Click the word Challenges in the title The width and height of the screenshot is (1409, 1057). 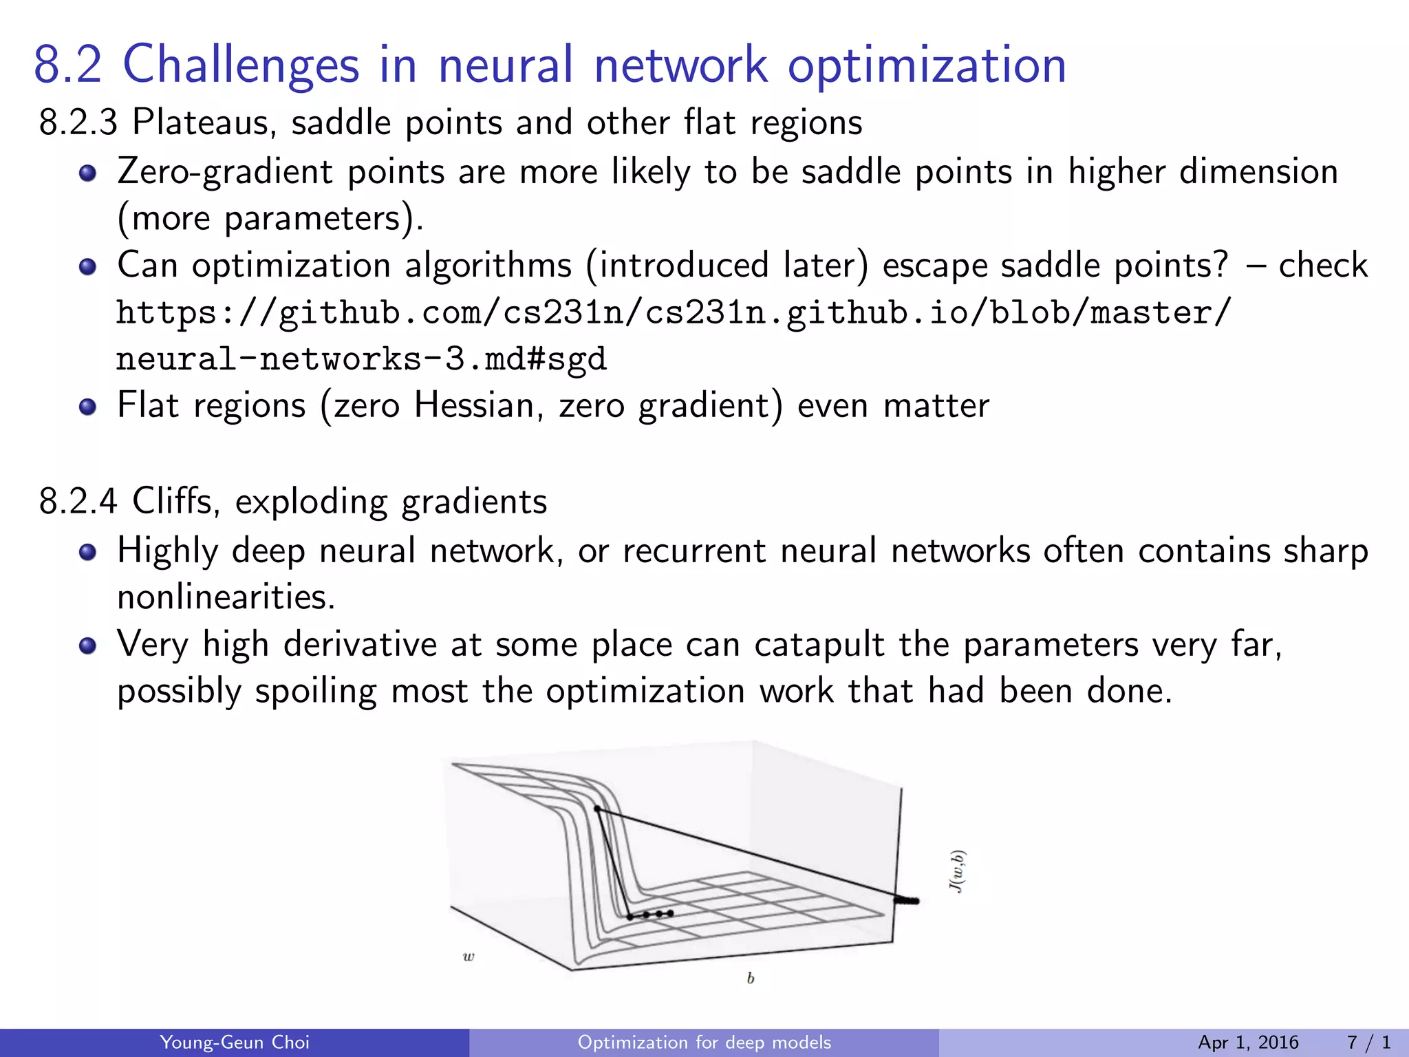241,65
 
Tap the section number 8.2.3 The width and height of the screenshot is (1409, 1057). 78,123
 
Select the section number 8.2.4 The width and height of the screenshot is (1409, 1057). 78,501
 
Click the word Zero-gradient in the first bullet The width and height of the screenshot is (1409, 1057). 224,172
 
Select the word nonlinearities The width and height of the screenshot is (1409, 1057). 226,597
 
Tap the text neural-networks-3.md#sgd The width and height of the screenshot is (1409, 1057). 361,359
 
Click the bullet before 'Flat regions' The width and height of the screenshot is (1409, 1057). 87,407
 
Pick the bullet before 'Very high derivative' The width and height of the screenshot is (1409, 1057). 87,646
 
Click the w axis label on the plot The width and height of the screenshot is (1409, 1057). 469,957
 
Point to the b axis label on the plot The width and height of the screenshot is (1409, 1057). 751,978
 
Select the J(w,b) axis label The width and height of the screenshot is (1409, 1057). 958,871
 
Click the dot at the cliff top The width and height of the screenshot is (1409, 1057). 597,809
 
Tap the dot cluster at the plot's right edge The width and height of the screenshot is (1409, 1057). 907,900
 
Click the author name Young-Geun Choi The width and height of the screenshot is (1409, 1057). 234,1043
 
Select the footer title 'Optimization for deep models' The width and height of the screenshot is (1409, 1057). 704,1043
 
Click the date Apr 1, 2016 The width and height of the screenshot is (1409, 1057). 1248,1043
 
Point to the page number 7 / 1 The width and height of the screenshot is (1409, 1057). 1368,1043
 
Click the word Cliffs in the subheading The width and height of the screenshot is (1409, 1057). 175,501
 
